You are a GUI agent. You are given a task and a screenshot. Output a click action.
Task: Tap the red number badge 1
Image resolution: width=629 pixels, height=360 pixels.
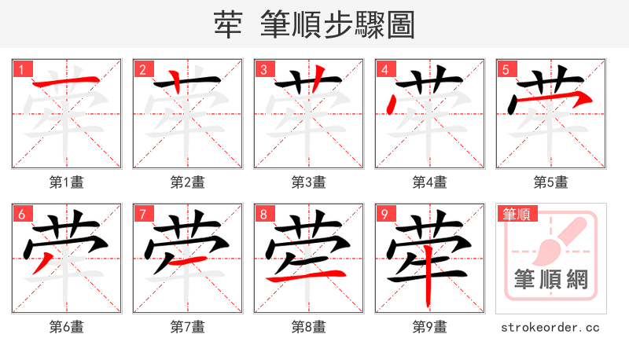tap(20, 69)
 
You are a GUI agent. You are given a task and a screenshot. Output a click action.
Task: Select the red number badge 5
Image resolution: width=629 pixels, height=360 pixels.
tap(505, 69)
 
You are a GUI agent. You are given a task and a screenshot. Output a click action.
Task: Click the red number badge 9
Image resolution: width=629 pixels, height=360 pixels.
tap(384, 214)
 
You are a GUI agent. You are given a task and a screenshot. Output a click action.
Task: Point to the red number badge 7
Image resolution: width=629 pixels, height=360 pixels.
tap(142, 214)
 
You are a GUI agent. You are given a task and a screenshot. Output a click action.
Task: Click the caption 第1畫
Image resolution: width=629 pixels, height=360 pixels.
tap(67, 182)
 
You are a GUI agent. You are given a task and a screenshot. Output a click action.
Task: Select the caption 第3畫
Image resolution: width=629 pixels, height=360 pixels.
tap(309, 182)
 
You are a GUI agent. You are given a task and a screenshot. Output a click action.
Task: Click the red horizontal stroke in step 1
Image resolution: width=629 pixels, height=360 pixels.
tap(67, 82)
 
